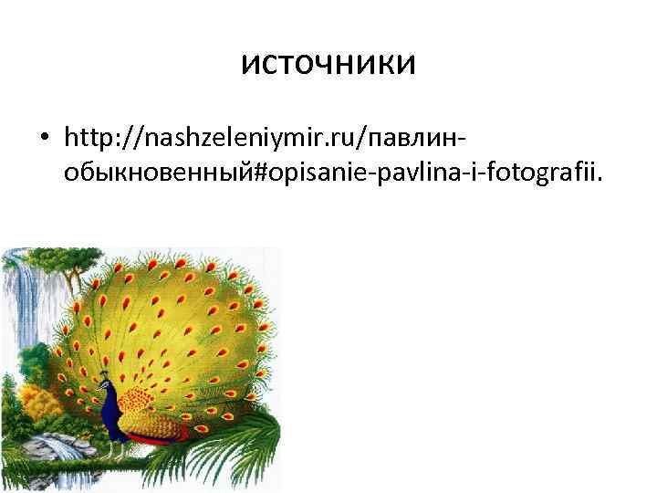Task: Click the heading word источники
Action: (x=328, y=63)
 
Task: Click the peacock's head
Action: (x=106, y=376)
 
